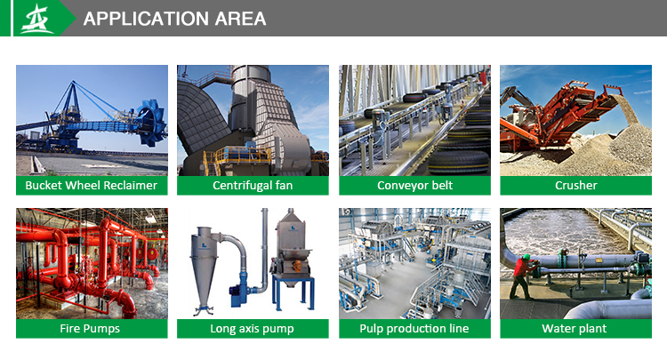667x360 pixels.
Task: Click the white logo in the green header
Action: click(37, 19)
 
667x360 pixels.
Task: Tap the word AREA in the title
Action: click(240, 19)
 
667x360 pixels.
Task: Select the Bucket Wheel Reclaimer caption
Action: click(91, 185)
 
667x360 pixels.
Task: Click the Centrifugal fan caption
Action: click(253, 185)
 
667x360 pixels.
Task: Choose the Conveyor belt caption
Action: click(414, 185)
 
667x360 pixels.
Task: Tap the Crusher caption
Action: click(576, 185)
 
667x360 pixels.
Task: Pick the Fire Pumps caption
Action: click(90, 329)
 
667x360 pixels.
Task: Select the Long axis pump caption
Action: click(253, 329)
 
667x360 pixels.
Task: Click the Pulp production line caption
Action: click(414, 329)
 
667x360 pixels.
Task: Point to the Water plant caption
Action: click(575, 329)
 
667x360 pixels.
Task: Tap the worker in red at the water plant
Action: click(522, 276)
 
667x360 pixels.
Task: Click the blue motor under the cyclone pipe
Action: click(238, 294)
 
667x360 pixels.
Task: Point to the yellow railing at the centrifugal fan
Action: click(237, 157)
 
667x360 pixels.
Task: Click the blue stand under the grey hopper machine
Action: click(293, 293)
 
